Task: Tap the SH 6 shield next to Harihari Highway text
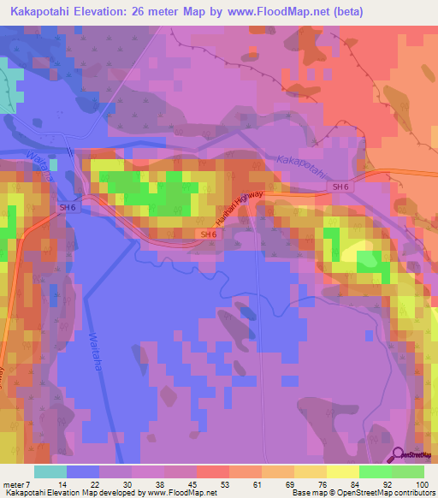point(208,234)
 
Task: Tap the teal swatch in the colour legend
point(50,471)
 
